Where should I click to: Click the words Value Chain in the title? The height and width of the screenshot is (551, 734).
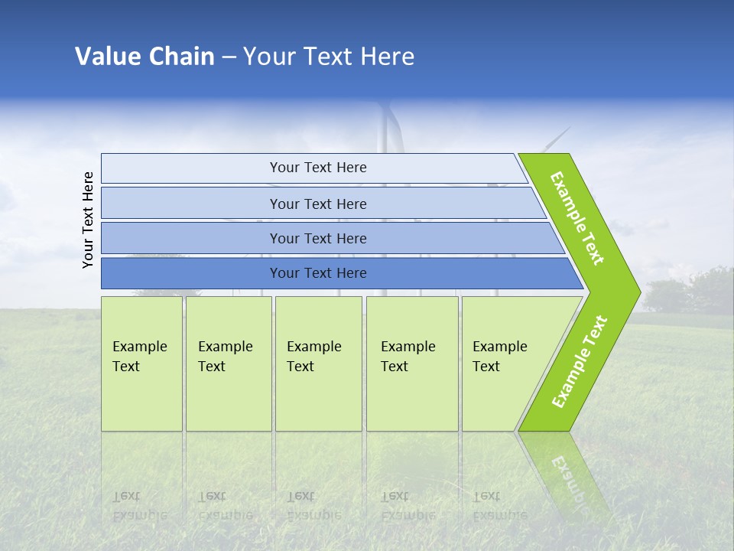[145, 57]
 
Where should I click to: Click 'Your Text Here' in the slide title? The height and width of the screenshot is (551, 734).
[329, 57]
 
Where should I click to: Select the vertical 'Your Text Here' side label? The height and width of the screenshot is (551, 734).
[88, 220]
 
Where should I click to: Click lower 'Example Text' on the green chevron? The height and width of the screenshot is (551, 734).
[579, 361]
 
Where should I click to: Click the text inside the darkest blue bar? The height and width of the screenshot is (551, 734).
[318, 273]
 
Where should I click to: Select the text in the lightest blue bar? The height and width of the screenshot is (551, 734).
[318, 168]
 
